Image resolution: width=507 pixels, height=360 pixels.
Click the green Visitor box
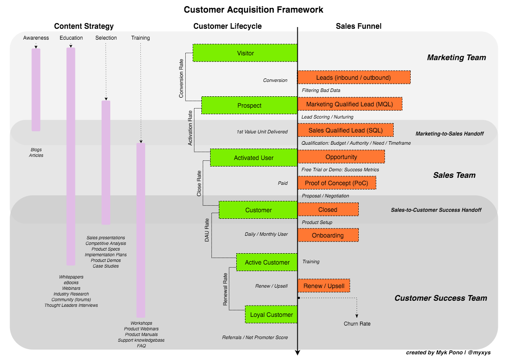click(245, 53)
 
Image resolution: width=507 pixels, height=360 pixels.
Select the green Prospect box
click(249, 105)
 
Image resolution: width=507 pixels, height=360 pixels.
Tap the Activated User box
click(254, 158)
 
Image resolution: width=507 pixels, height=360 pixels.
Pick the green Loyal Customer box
click(271, 315)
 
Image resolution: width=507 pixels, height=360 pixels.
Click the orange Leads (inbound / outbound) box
click(354, 78)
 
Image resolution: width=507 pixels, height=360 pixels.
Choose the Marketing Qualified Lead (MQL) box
click(350, 104)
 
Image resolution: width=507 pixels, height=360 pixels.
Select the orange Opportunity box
click(341, 157)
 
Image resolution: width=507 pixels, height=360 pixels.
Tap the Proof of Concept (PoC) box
click(337, 183)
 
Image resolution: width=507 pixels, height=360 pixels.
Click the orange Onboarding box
click(328, 235)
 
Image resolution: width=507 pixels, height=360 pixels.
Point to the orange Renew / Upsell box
click(323, 286)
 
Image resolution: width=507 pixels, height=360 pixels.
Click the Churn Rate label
click(357, 324)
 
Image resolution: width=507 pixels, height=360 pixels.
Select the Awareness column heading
click(36, 38)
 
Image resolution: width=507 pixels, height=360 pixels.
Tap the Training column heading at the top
click(140, 38)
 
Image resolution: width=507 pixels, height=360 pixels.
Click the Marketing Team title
click(456, 58)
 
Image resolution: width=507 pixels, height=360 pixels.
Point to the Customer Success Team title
click(441, 298)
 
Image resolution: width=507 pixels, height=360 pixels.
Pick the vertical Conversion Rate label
click(181, 78)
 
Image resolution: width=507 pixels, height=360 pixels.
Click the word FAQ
click(141, 346)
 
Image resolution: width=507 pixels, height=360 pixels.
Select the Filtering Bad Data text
click(321, 90)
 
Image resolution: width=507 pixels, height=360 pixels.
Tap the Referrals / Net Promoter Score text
click(255, 337)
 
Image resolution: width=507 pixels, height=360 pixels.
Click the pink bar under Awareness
click(36, 89)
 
